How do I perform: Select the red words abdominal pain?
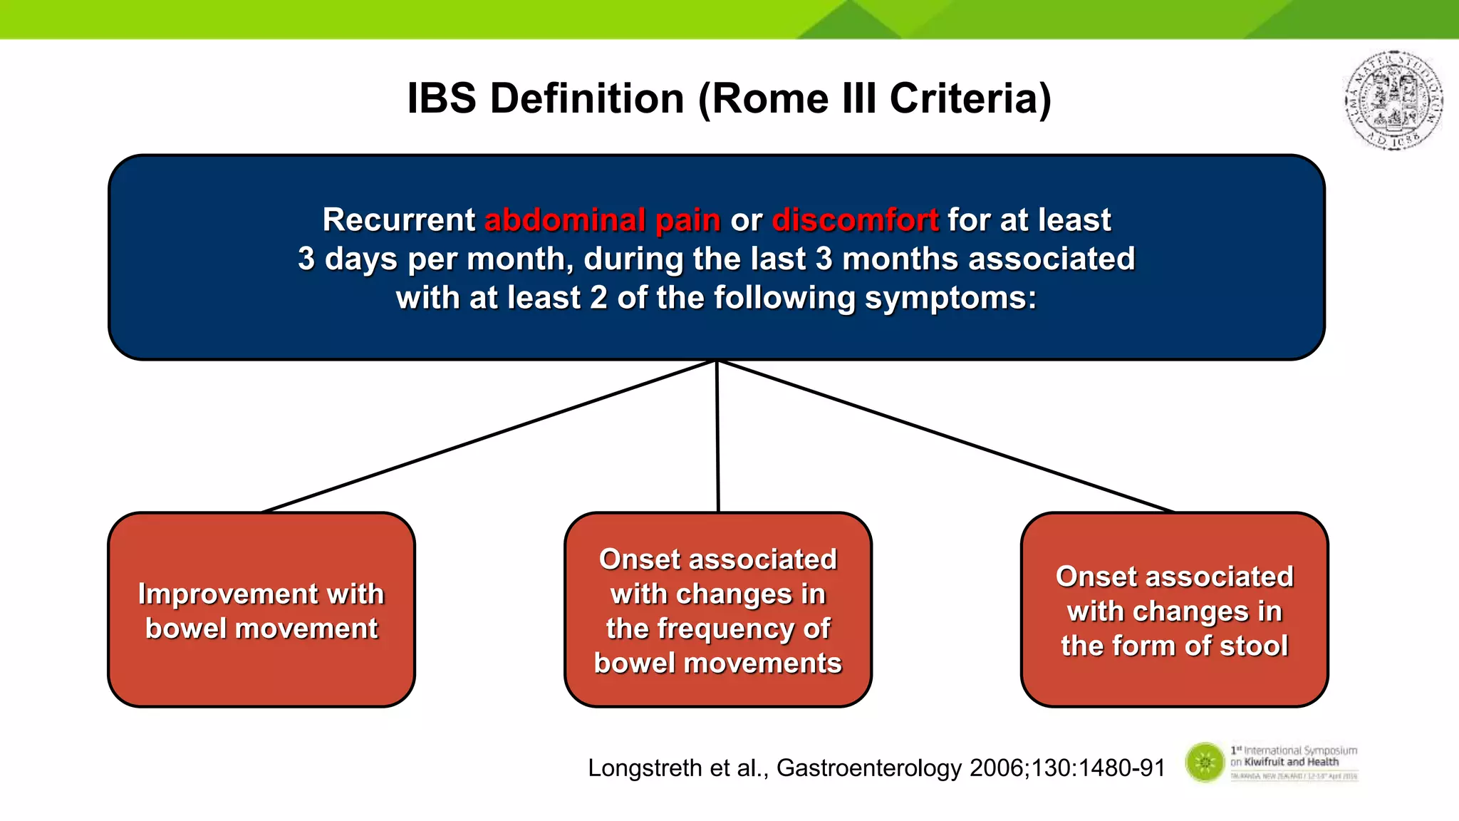click(603, 220)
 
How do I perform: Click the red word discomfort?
click(855, 220)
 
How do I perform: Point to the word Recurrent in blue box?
click(398, 220)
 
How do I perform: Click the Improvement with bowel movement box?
click(261, 610)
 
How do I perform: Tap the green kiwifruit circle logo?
click(1205, 762)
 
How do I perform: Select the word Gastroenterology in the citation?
click(869, 768)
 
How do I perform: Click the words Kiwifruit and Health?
click(1291, 762)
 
